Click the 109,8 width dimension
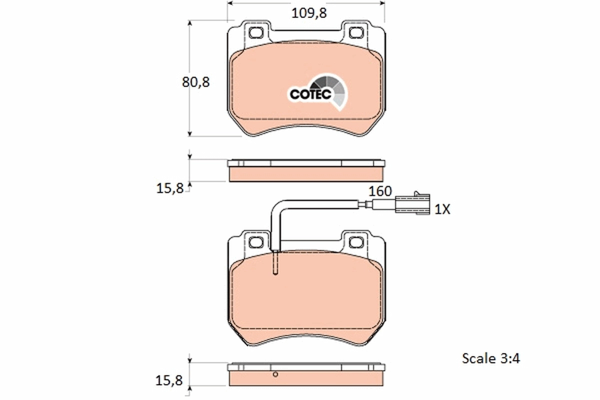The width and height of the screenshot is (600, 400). [x=309, y=13]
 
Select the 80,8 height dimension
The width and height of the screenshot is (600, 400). [x=196, y=82]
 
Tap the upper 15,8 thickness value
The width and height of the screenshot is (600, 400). [x=170, y=188]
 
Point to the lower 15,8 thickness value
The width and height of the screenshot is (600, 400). [x=169, y=380]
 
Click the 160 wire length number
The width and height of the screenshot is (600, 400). [x=380, y=191]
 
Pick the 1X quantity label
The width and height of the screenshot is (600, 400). [x=442, y=209]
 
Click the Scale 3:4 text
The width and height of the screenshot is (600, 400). [x=490, y=358]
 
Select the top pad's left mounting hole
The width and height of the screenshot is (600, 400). [x=256, y=32]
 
